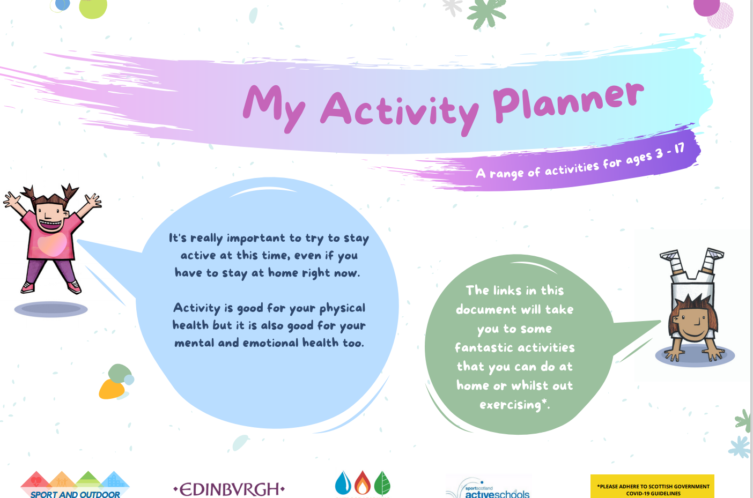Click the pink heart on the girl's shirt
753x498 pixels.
[x=52, y=244]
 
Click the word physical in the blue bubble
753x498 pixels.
[x=342, y=308]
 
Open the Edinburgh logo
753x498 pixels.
[x=229, y=489]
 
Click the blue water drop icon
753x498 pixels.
[x=343, y=483]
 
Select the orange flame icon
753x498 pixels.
[x=363, y=483]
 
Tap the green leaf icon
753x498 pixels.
[x=382, y=483]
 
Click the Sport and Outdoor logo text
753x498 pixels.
[x=75, y=494]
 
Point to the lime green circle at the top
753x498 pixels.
[x=93, y=8]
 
